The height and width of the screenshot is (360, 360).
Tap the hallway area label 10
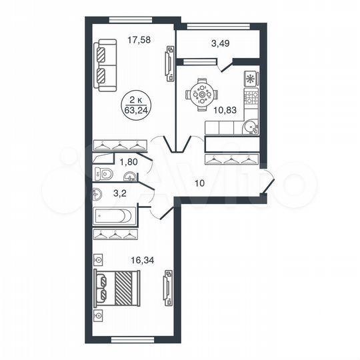(x=199, y=183)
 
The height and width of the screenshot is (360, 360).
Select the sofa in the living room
(x=105, y=64)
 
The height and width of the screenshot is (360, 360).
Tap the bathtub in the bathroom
(x=115, y=216)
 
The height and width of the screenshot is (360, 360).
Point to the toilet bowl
(x=105, y=175)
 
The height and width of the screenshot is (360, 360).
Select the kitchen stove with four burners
(x=251, y=99)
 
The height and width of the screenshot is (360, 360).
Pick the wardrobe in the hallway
(x=230, y=159)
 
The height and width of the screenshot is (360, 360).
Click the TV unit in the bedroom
(x=169, y=288)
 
